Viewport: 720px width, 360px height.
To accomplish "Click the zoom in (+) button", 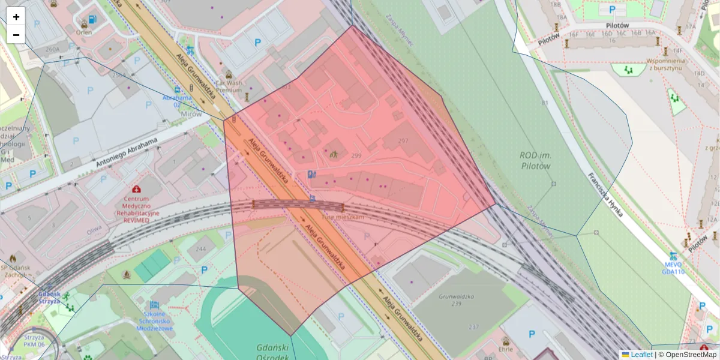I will [16, 17].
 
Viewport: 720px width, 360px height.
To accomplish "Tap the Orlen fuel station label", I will [84, 33].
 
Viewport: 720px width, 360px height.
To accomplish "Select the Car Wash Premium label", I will [228, 86].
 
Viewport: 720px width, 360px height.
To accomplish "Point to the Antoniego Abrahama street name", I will [126, 153].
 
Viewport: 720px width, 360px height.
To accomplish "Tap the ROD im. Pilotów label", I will [535, 160].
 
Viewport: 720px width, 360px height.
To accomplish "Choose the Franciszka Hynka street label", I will [605, 195].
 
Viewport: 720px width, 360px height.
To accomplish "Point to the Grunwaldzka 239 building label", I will [457, 300].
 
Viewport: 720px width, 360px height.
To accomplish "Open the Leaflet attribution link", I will [641, 355].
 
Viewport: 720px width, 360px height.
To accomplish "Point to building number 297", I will [403, 141].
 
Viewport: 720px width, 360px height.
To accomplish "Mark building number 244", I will [200, 249].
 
